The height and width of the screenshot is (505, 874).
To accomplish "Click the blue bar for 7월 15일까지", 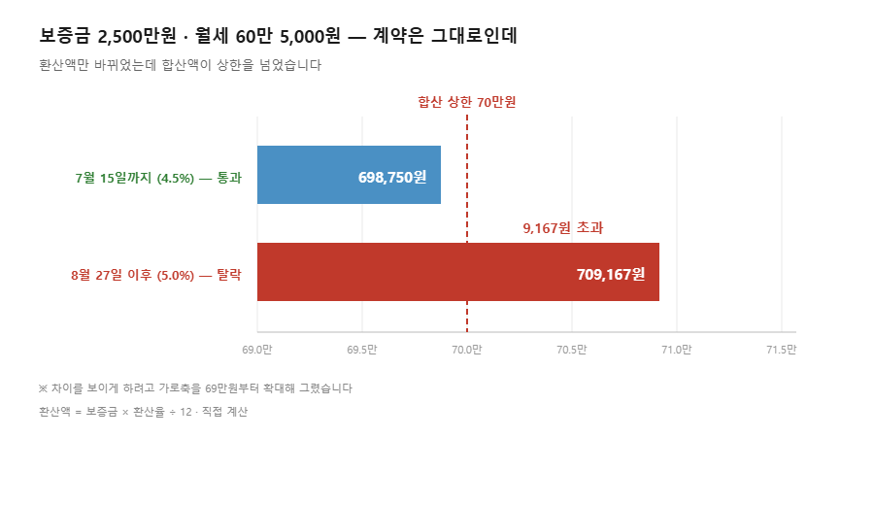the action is pos(349,175).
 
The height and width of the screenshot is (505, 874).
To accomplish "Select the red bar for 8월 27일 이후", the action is pos(458,272).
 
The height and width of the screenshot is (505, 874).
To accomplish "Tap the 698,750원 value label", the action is pos(392,178).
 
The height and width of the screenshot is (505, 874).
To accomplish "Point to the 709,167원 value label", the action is pos(611,274).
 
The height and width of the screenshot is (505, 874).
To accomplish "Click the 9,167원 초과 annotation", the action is pos(563,227).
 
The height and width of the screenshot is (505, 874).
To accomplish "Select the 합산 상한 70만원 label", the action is pos(467,102).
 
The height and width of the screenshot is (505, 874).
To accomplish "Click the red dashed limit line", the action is pos(467,223).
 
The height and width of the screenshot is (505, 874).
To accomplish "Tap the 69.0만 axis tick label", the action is pos(257,350).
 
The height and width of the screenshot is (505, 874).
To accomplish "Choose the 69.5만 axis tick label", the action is pos(362,350).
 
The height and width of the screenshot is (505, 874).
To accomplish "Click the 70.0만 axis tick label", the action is pos(467,350).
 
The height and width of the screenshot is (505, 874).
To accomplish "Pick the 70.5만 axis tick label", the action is pos(572,350).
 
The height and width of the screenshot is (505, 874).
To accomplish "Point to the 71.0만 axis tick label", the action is pos(677,350).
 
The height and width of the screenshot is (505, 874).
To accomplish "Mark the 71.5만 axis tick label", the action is pos(782,350).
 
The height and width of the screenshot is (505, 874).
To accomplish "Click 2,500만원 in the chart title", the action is pos(137,36).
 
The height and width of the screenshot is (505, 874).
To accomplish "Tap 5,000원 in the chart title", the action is pos(310,36).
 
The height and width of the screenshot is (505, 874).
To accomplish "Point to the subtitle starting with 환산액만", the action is pos(181,65).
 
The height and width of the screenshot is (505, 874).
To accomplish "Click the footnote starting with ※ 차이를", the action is pos(195,387).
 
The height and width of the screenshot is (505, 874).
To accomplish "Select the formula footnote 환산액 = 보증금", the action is pos(144,412).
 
